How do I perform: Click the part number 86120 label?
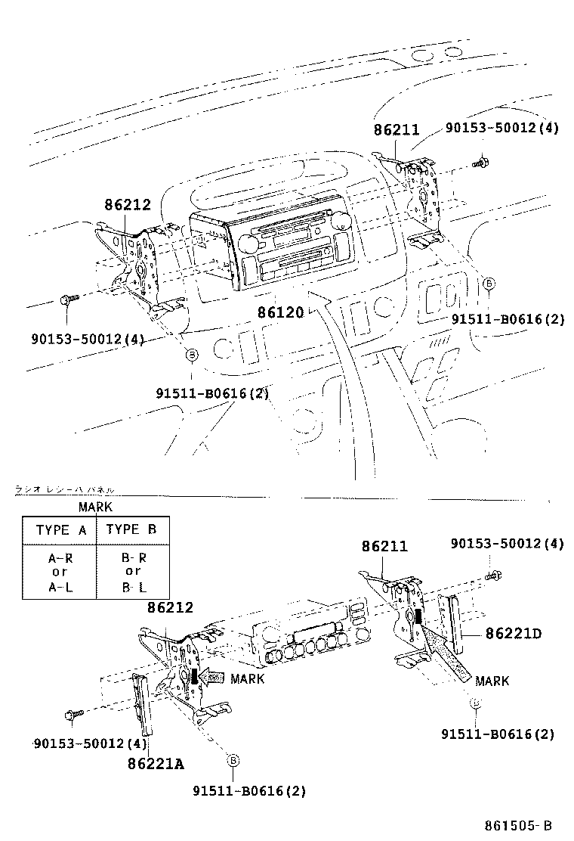pyautogui.click(x=279, y=312)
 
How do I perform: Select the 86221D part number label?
pyautogui.click(x=514, y=633)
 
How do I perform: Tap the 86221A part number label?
pyautogui.click(x=156, y=763)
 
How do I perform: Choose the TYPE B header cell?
pyautogui.click(x=131, y=529)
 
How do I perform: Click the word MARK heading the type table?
pyautogui.click(x=95, y=507)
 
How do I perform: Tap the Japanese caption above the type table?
pyautogui.click(x=64, y=490)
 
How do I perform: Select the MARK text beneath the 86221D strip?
pyautogui.click(x=492, y=681)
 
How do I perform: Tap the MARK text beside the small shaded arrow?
pyautogui.click(x=247, y=678)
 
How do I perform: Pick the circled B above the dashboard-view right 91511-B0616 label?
pyautogui.click(x=489, y=283)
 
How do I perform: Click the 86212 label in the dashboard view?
pyautogui.click(x=128, y=205)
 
